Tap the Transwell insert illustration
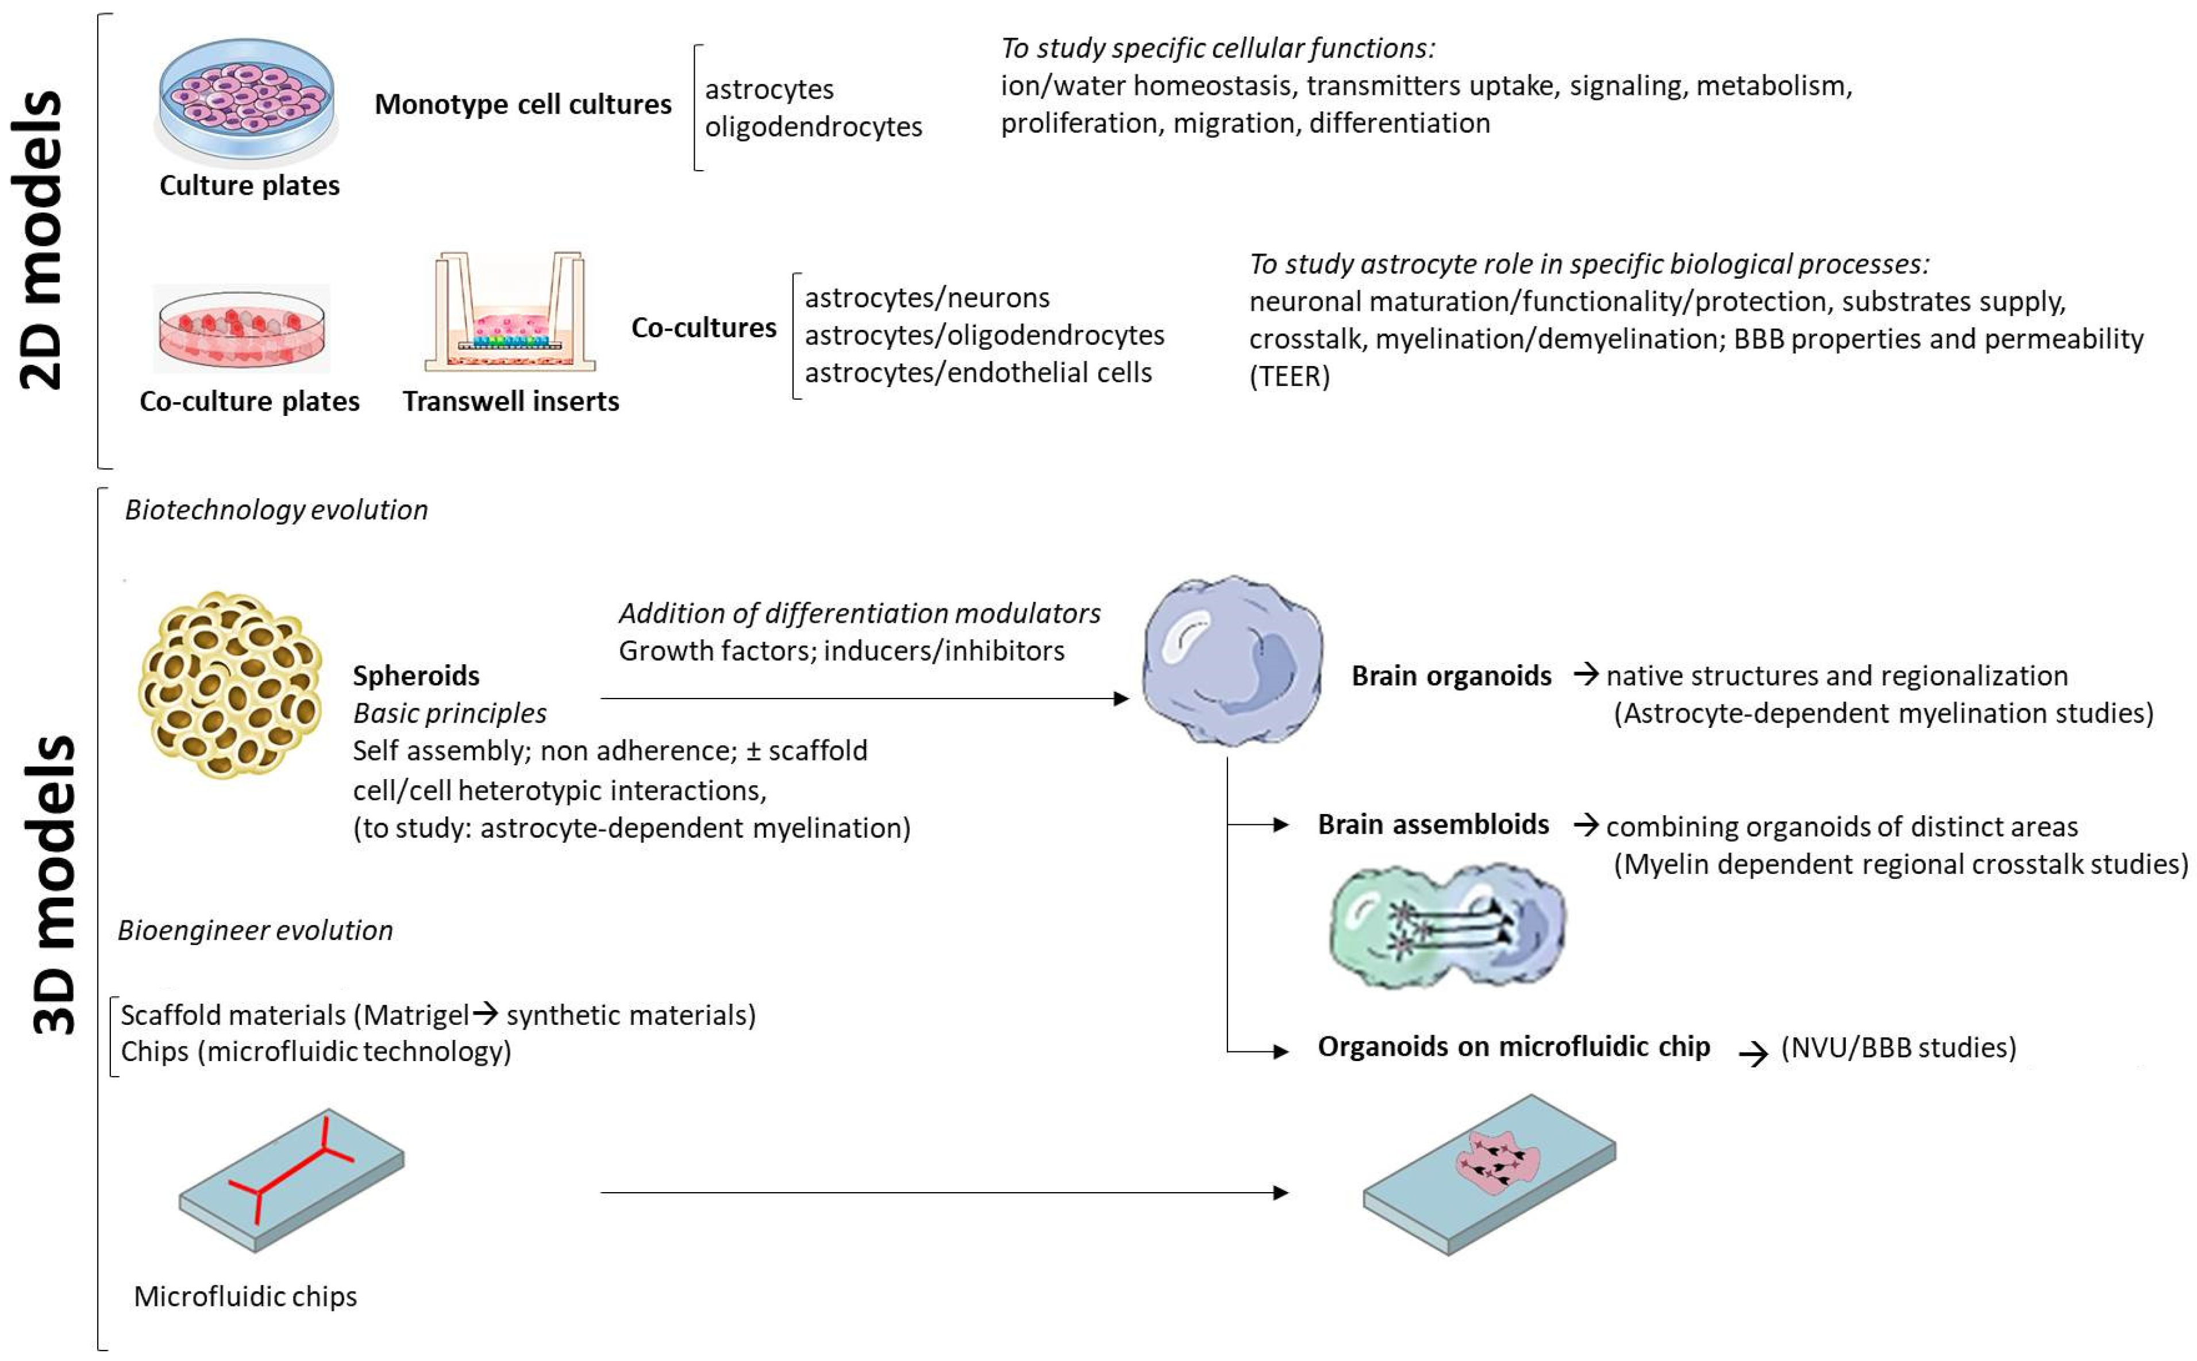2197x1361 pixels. tap(510, 315)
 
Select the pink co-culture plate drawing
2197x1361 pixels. tap(241, 329)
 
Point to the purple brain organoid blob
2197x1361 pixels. tap(1232, 662)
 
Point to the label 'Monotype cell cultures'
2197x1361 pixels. tap(522, 105)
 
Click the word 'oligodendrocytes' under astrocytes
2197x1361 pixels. tap(813, 127)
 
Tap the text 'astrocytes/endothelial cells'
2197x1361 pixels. tap(978, 373)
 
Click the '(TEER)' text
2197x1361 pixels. tap(1288, 376)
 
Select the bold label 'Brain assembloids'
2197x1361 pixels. tap(1433, 824)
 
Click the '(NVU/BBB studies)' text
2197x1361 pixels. tap(1898, 1048)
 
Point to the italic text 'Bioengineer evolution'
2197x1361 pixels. tap(255, 930)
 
